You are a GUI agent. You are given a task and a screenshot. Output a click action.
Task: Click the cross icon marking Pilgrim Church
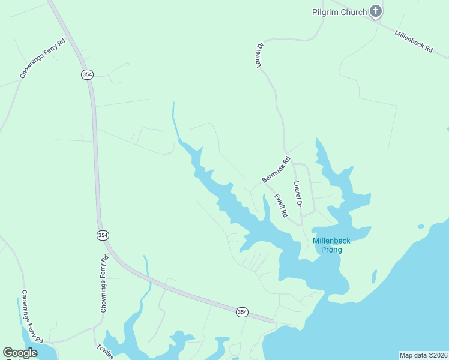pyautogui.click(x=376, y=11)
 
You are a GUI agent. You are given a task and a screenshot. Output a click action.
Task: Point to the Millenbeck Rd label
pyautogui.click(x=414, y=41)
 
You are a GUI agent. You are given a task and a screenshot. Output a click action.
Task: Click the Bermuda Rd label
pyautogui.click(x=276, y=170)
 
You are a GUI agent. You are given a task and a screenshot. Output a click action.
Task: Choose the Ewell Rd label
pyautogui.click(x=280, y=205)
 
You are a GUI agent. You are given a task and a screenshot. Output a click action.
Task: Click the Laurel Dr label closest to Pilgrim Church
pyautogui.click(x=261, y=55)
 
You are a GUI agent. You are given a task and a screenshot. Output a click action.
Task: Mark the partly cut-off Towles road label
pyautogui.click(x=104, y=352)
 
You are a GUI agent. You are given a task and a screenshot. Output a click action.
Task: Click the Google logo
pyautogui.click(x=20, y=352)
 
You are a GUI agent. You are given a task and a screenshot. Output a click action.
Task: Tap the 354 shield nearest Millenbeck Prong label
pyautogui.click(x=241, y=312)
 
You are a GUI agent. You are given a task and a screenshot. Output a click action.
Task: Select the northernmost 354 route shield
pyautogui.click(x=87, y=74)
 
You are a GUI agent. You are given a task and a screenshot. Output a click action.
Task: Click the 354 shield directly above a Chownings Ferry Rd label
pyautogui.click(x=103, y=235)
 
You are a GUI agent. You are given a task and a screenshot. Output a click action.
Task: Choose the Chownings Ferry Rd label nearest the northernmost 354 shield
pyautogui.click(x=43, y=59)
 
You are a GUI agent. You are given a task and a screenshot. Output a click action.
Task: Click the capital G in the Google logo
pyautogui.click(x=8, y=352)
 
